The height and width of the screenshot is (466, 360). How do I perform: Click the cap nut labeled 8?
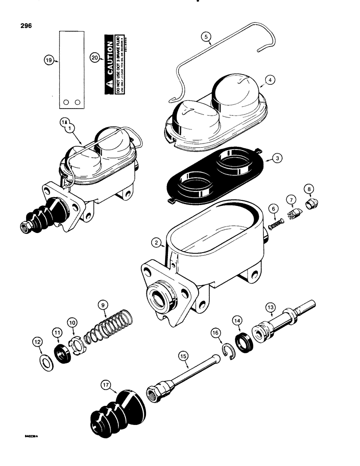coord(309,205)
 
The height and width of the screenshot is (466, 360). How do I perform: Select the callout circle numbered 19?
coord(48,60)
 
